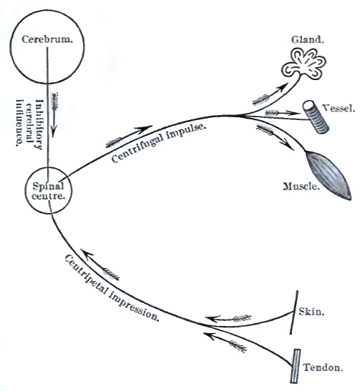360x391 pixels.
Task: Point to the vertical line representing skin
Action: click(296, 312)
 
